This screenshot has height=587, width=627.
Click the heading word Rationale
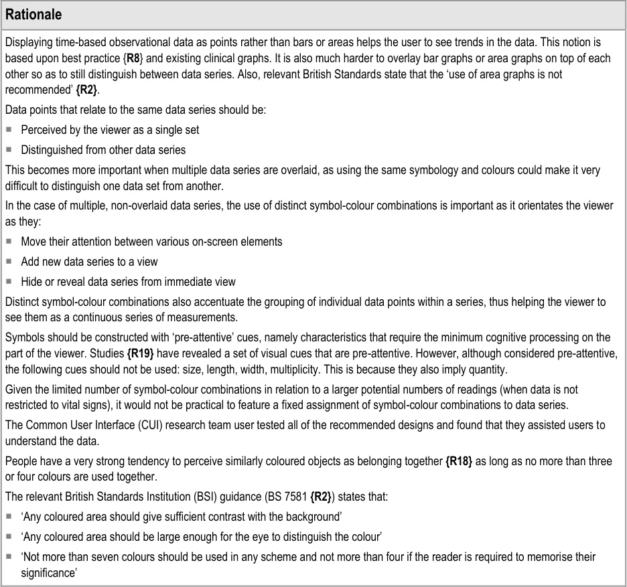[x=36, y=14]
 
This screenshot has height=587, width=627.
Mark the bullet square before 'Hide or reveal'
[x=9, y=282]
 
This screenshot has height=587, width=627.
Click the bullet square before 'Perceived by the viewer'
[x=9, y=129]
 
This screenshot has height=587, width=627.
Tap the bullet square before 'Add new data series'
[x=9, y=262]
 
